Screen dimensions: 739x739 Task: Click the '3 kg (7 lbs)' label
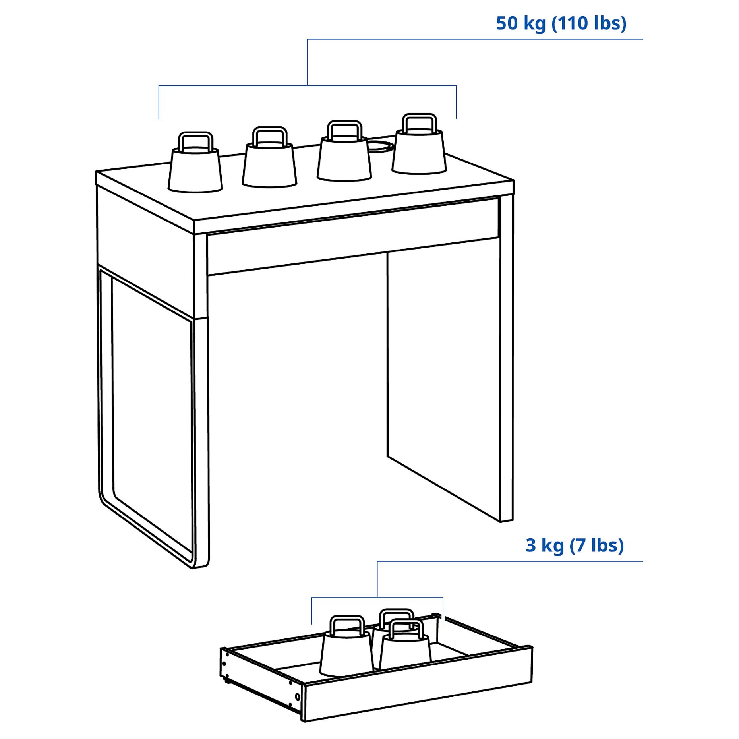click(x=574, y=545)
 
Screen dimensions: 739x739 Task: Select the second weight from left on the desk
click(x=269, y=165)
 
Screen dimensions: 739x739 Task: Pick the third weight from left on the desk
click(x=344, y=159)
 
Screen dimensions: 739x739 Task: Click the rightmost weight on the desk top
click(x=419, y=153)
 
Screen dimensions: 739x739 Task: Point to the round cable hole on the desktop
click(x=380, y=145)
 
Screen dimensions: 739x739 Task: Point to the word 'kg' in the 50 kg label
click(x=534, y=24)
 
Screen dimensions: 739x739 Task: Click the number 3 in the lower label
click(x=530, y=545)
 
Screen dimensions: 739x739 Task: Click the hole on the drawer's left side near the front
click(x=297, y=697)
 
